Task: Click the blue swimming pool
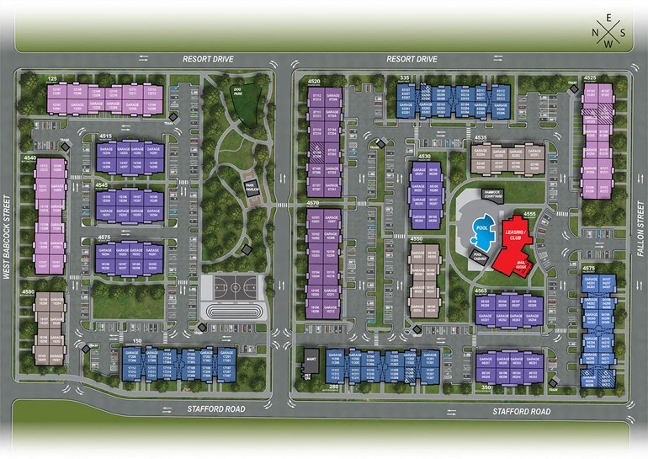coord(482,227)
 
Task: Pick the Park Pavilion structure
coord(250,186)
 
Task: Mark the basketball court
coord(230,286)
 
